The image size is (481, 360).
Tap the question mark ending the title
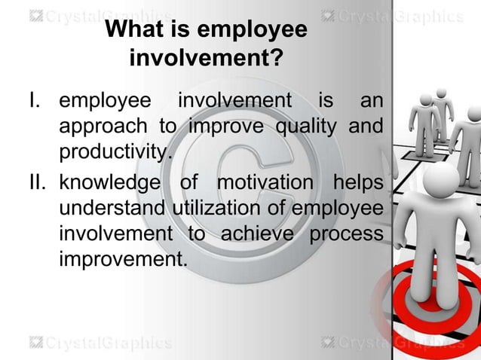278,57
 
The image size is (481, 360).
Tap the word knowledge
109,183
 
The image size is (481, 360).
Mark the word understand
113,209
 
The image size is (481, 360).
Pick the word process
346,234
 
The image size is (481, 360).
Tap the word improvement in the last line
121,260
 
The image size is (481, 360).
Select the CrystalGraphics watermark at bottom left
101,343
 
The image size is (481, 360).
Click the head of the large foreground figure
441,181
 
